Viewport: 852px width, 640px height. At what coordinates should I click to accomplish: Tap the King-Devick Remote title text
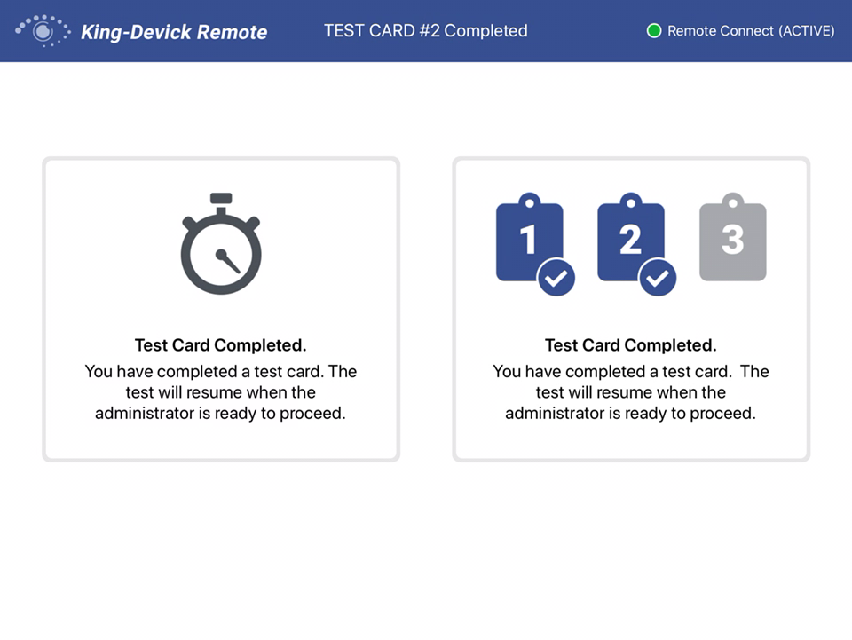coord(174,32)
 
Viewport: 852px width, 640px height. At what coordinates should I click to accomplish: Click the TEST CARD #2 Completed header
coord(426,30)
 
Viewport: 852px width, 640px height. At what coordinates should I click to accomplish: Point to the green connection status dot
coord(654,31)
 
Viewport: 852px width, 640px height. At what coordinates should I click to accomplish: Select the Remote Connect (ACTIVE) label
coord(751,31)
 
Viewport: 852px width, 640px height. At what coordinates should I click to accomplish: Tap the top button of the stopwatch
coord(221,198)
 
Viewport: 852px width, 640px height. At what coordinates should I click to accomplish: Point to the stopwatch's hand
coord(228,261)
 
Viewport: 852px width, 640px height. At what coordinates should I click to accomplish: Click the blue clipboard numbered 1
coord(528,239)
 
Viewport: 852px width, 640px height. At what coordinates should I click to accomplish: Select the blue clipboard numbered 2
coord(630,239)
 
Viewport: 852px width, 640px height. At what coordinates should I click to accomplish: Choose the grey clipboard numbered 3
coord(732,239)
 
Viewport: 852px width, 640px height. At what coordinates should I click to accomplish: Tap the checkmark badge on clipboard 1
coord(556,279)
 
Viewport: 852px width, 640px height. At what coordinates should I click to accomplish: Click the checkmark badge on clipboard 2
coord(658,279)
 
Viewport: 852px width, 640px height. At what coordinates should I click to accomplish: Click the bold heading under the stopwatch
coord(221,345)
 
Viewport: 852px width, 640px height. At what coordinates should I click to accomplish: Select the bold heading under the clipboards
coord(630,345)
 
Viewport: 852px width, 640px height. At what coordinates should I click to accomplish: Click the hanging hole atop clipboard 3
coord(732,199)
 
